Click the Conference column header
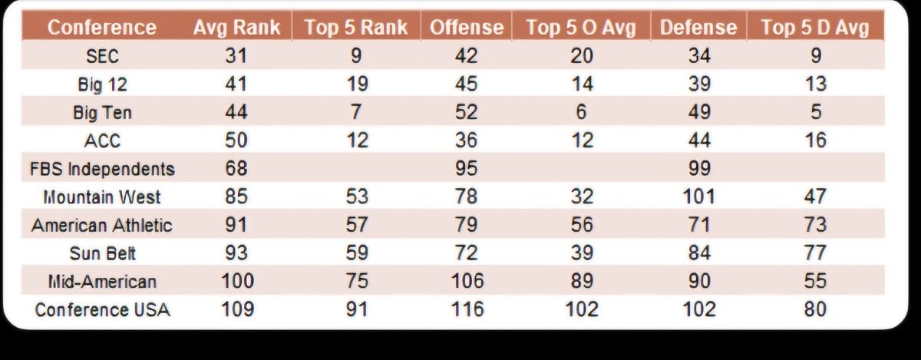pos(102,28)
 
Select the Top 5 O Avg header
pos(581,28)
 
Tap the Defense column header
pos(698,28)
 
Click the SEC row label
pos(102,56)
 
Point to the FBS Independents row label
pos(102,169)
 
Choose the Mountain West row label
pos(102,197)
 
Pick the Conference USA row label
pos(102,309)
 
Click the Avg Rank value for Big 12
pos(236,84)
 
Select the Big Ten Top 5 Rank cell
pos(356,112)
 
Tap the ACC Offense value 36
pos(467,140)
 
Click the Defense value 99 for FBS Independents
pos(699,168)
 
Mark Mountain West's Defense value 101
pos(699,197)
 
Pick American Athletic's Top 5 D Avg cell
pos(815,225)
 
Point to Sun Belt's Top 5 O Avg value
pos(582,253)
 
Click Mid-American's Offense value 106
pos(467,281)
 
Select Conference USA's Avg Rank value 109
pos(237,309)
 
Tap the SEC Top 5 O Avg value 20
pos(582,55)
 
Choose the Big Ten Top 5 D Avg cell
pos(816,112)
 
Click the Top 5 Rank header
pos(356,28)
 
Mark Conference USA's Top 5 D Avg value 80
pos(815,309)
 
